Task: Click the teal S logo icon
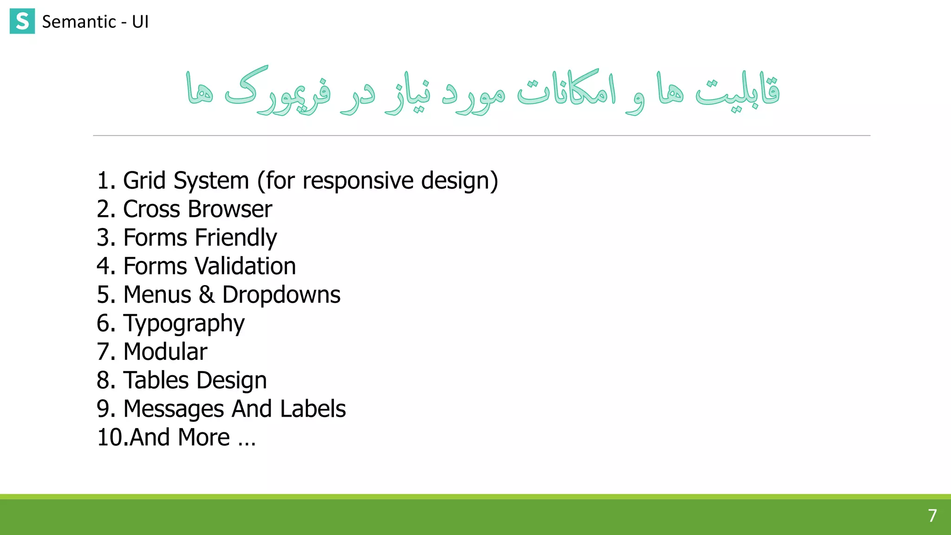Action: [x=22, y=21]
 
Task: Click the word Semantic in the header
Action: [x=79, y=22]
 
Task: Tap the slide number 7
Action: [x=932, y=515]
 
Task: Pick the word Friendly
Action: [x=236, y=238]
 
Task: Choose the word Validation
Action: [x=245, y=266]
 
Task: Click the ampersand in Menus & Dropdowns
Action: [x=207, y=295]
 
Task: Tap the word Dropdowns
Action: [x=281, y=295]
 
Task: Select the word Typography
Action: [x=184, y=324]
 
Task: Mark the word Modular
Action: [x=165, y=352]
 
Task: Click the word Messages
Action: [x=174, y=409]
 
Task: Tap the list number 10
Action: [x=110, y=437]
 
